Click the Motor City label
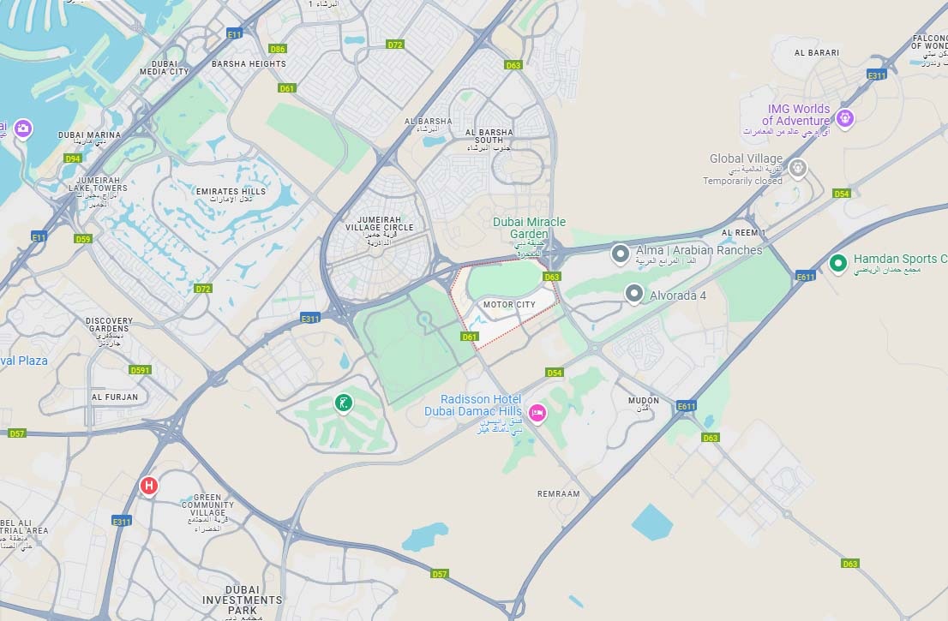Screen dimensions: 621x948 point(508,304)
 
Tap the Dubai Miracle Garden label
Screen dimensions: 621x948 point(529,228)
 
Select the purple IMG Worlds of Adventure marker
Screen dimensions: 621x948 point(845,118)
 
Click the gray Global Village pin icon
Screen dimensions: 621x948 point(799,168)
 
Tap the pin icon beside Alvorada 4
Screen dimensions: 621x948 point(633,294)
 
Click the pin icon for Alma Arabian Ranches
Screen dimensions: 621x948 point(621,253)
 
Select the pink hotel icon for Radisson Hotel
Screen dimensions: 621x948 point(537,414)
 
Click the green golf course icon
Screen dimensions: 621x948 point(344,403)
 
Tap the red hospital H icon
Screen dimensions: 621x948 point(149,487)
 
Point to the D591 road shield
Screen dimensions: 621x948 point(140,370)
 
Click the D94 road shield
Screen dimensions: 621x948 point(73,158)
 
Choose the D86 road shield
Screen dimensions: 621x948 point(278,50)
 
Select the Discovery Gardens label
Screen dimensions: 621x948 point(109,325)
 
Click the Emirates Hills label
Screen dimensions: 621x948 point(231,192)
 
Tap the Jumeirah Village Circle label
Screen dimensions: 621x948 point(373,228)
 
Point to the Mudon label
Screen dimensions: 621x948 point(644,400)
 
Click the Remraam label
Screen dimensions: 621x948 point(558,493)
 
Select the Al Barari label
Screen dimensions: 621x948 point(817,52)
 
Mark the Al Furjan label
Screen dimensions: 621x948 point(115,397)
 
